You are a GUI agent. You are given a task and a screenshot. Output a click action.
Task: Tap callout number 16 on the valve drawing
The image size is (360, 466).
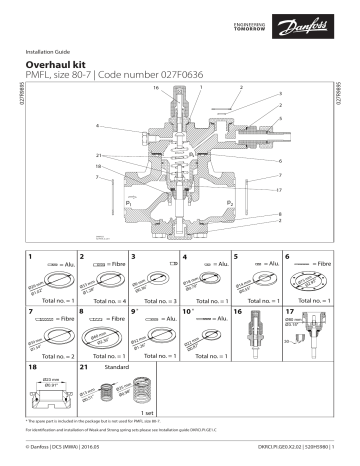[156, 89]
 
